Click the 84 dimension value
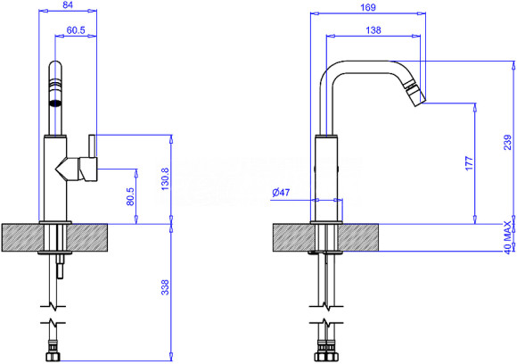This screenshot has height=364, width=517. point(68,4)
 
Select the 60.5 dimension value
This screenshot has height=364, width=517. point(76,30)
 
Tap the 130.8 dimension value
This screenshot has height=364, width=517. point(165,178)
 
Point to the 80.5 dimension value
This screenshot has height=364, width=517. point(130,196)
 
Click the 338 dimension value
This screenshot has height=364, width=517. point(165,287)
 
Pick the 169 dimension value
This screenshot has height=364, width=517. point(368,7)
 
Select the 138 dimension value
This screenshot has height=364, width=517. point(373,30)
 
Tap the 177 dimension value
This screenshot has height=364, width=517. point(469,163)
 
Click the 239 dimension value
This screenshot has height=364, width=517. point(507,143)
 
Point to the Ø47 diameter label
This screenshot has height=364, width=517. point(282,192)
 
